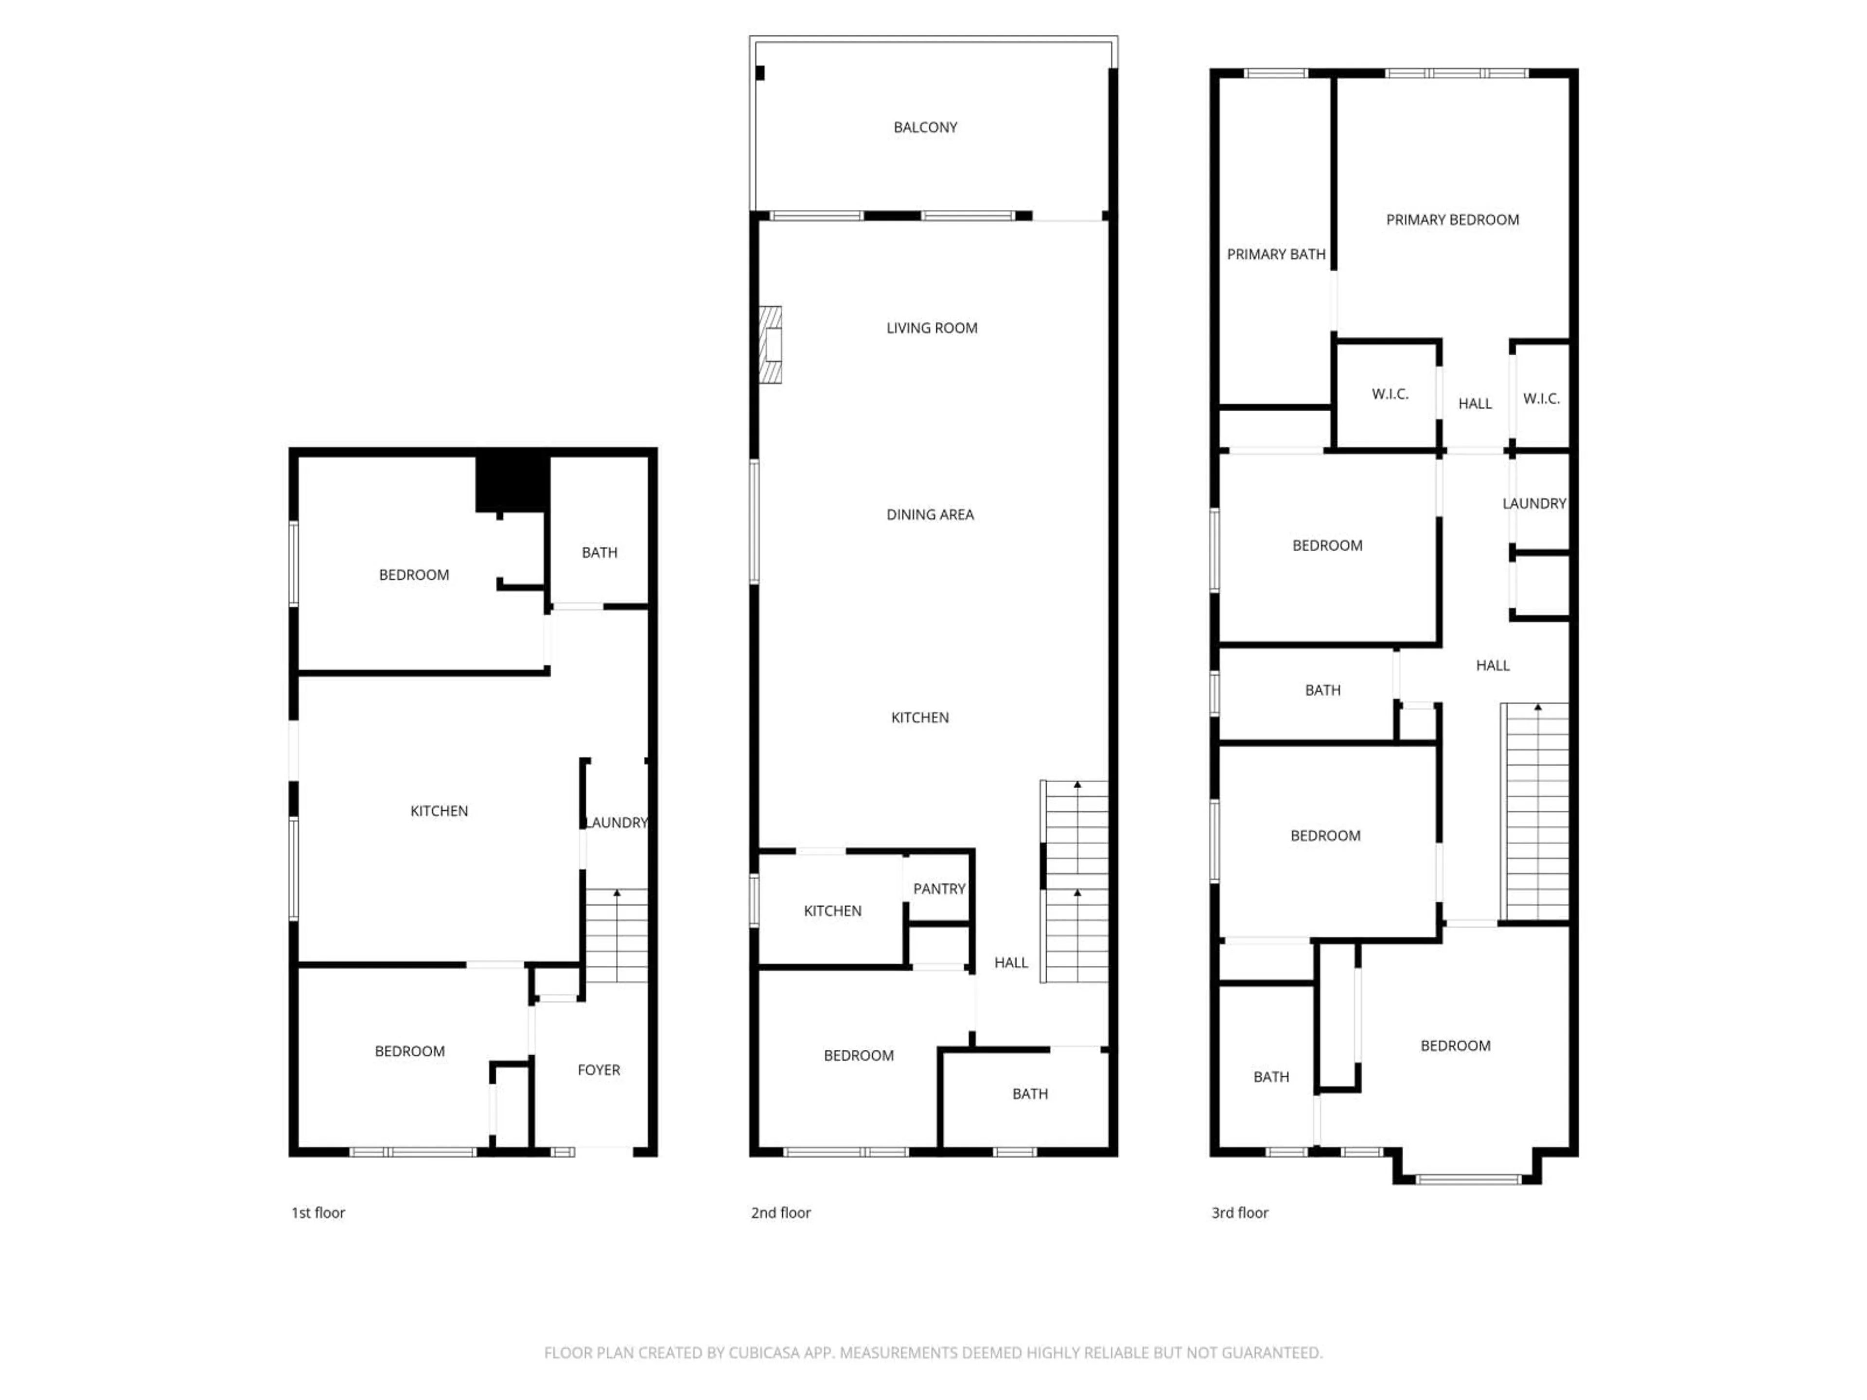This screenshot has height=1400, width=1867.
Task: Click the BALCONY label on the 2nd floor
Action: pyautogui.click(x=925, y=127)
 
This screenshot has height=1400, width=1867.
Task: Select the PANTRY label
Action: pyautogui.click(x=938, y=889)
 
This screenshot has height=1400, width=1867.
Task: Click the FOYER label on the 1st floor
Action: pyautogui.click(x=599, y=1070)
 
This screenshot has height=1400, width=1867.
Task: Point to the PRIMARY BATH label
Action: pyautogui.click(x=1275, y=254)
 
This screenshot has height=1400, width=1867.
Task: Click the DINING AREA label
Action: pyautogui.click(x=929, y=515)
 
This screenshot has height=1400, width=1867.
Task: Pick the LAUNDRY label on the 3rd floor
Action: pyautogui.click(x=1533, y=504)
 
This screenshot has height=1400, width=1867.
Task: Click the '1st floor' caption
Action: pyautogui.click(x=318, y=1213)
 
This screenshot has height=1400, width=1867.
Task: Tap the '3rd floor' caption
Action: pyautogui.click(x=1239, y=1213)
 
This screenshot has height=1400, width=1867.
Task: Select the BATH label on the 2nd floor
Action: pyautogui.click(x=1030, y=1094)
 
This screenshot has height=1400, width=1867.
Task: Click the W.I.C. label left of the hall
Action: pyautogui.click(x=1389, y=394)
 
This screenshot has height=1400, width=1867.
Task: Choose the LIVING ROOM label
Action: pyautogui.click(x=931, y=328)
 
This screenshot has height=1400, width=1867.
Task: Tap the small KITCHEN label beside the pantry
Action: pyautogui.click(x=832, y=910)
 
